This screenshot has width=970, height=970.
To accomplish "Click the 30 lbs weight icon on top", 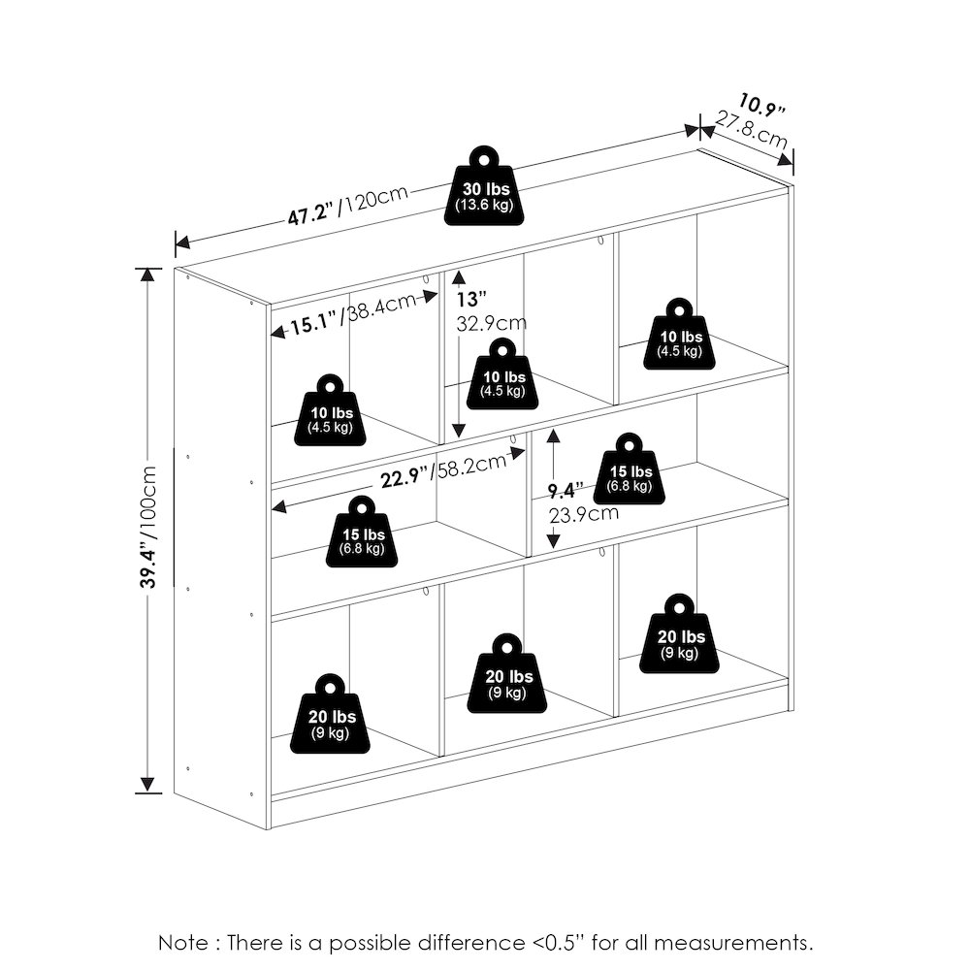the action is tap(484, 186).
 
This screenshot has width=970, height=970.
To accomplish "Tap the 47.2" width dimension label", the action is tap(310, 214).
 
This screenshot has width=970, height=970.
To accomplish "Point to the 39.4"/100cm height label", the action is tap(149, 527).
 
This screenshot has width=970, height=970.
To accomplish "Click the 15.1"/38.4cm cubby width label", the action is tap(353, 313).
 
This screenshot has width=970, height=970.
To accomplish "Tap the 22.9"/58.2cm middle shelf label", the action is tap(443, 470).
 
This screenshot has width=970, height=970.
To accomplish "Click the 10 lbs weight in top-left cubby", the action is tap(330, 410).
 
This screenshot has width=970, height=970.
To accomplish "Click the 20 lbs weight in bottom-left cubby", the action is tap(330, 714).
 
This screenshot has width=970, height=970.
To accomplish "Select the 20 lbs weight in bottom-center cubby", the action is tap(506, 674).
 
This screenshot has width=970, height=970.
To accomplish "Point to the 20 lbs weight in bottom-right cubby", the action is tap(679, 634).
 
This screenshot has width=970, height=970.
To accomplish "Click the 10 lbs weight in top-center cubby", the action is tap(502, 373).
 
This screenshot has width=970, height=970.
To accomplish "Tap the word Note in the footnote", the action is tap(183, 943).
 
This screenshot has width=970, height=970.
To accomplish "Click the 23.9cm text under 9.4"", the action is tap(583, 513).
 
